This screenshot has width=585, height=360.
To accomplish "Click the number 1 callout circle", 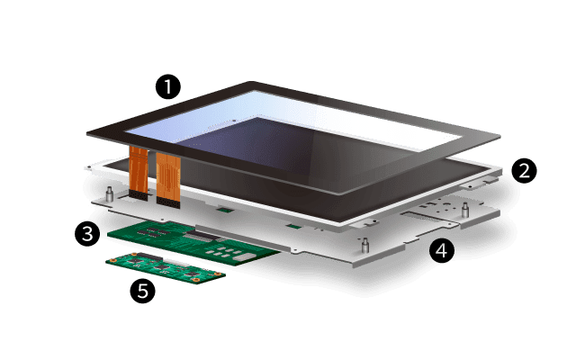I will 167,86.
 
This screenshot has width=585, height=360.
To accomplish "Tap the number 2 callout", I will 524,168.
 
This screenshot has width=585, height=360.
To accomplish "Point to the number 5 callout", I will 142,290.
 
